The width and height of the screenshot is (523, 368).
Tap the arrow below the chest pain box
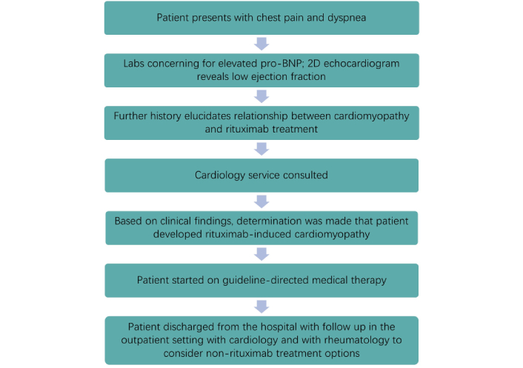coord(261,44)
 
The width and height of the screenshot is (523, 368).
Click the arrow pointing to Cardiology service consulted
coord(261,149)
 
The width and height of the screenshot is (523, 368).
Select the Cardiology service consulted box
coord(261,175)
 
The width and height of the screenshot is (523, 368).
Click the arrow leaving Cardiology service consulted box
coord(261,201)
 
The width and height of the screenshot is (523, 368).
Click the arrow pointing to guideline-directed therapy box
coord(261,254)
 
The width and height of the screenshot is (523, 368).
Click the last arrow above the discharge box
coord(261,307)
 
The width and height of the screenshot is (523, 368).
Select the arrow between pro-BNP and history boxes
coord(261,96)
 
